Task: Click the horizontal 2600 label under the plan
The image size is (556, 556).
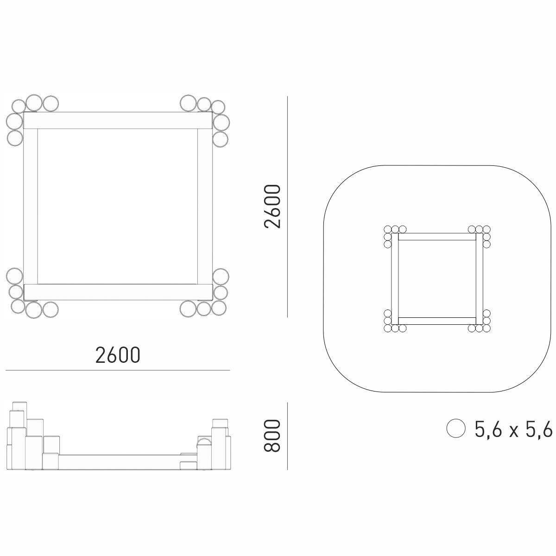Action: tap(118, 355)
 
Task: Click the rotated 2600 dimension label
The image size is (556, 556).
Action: tap(272, 206)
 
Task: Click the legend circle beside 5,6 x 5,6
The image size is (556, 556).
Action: tap(456, 429)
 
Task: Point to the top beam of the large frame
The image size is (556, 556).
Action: tap(118, 120)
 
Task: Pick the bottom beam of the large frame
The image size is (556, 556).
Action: tap(118, 292)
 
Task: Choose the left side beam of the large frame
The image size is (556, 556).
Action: tap(31, 206)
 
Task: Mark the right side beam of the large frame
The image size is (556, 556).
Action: tap(205, 206)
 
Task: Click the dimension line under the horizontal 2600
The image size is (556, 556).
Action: tap(118, 370)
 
